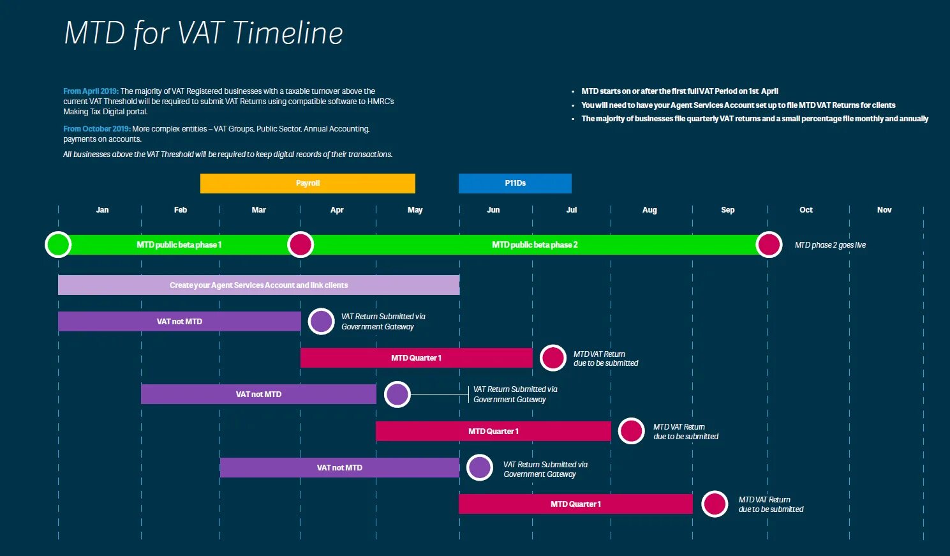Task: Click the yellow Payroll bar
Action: tap(308, 183)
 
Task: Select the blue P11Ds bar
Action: tap(515, 183)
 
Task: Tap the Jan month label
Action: tap(102, 210)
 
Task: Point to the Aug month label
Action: tap(649, 210)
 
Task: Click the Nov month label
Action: tap(884, 210)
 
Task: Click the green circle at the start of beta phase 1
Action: tap(58, 244)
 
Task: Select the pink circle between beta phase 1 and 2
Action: tap(301, 244)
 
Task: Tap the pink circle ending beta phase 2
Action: tap(769, 244)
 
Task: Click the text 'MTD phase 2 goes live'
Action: tap(830, 245)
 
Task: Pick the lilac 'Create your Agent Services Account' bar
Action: tap(258, 285)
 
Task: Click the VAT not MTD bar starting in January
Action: tap(179, 322)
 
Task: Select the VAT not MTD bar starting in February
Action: tap(258, 394)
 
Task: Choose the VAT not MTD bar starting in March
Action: tap(339, 468)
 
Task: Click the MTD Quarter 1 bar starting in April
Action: tap(416, 358)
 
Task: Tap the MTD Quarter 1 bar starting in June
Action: tap(575, 504)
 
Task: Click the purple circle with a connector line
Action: tap(397, 394)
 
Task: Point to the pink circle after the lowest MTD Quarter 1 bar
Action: tap(715, 504)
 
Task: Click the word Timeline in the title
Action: tap(288, 33)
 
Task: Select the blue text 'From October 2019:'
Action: tap(96, 129)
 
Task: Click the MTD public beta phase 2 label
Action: tap(535, 245)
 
